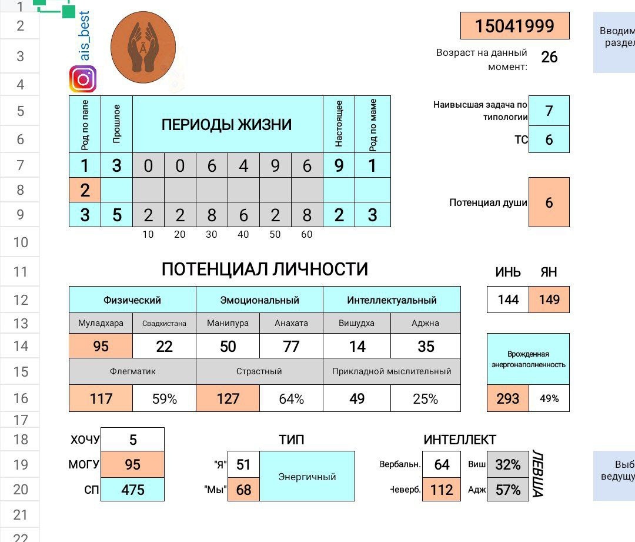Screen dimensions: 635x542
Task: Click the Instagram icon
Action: [83, 79]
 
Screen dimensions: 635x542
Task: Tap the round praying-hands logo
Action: [143, 48]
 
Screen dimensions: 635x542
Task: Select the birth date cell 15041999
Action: [514, 26]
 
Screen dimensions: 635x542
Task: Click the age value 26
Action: [549, 57]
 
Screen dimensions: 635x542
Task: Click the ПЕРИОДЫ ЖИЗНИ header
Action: [227, 124]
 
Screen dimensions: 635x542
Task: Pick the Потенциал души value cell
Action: [549, 202]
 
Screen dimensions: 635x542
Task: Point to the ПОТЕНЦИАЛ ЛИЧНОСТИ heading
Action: [265, 270]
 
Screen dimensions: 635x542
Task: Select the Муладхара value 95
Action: [101, 347]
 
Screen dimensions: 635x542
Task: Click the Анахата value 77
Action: [291, 347]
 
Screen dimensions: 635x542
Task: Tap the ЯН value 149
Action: [549, 300]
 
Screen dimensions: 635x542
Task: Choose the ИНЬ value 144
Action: [508, 300]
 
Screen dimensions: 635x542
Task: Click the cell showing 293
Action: [508, 398]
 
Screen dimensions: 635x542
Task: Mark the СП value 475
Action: [133, 490]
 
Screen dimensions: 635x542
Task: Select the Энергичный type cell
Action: [307, 476]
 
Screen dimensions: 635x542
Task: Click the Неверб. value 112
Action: [442, 490]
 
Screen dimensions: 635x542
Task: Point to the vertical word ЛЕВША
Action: [537, 474]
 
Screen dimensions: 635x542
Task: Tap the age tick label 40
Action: [243, 235]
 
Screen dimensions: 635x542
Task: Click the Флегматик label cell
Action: [132, 371]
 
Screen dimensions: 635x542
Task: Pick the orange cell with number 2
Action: [85, 190]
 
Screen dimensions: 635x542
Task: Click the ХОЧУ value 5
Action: [133, 440]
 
